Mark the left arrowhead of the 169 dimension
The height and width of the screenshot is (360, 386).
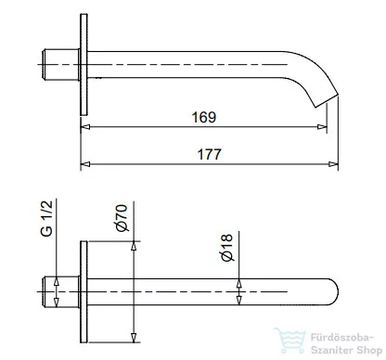(x=88, y=128)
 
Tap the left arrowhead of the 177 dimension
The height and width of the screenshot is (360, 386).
(x=88, y=165)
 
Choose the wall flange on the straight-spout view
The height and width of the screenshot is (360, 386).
(x=85, y=290)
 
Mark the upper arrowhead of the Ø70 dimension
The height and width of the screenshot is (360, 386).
(x=135, y=246)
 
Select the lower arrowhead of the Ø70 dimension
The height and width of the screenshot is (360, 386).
(x=135, y=335)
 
